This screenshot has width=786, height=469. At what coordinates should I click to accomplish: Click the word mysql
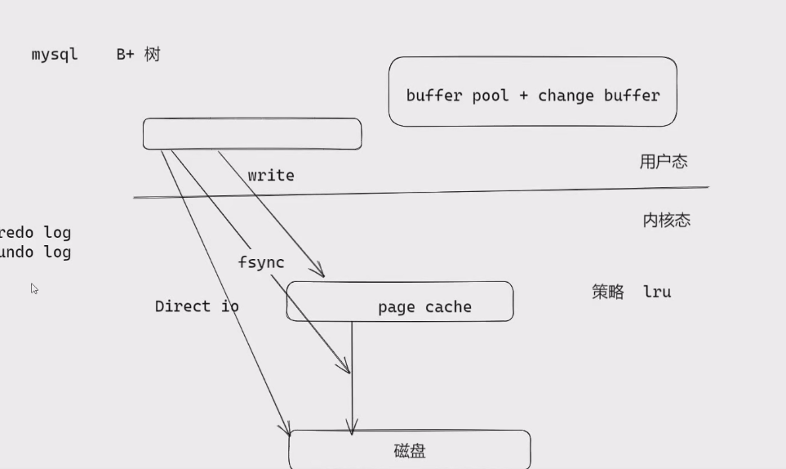pyautogui.click(x=55, y=55)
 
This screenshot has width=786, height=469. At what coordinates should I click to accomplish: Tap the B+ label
pyautogui.click(x=125, y=55)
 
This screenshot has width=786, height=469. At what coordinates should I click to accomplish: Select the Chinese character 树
pyautogui.click(x=153, y=55)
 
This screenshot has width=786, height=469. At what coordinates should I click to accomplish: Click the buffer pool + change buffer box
pyautogui.click(x=532, y=92)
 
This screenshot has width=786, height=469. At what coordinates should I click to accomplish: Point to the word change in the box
pyautogui.click(x=566, y=96)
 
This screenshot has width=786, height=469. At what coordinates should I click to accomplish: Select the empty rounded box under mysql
pyautogui.click(x=251, y=134)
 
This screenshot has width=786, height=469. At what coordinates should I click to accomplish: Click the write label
pyautogui.click(x=271, y=176)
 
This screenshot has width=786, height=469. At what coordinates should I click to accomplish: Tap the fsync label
pyautogui.click(x=261, y=262)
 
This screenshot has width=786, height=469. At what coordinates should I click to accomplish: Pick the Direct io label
pyautogui.click(x=197, y=306)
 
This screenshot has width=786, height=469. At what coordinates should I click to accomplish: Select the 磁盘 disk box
pyautogui.click(x=410, y=450)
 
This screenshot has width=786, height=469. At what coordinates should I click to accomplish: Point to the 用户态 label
pyautogui.click(x=664, y=162)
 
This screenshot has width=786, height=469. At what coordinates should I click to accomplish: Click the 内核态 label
pyautogui.click(x=666, y=220)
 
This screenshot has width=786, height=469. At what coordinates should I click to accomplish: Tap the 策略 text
pyautogui.click(x=608, y=292)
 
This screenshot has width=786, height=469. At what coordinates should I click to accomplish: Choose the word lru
pyautogui.click(x=657, y=292)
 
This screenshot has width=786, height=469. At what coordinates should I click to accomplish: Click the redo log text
pyautogui.click(x=35, y=233)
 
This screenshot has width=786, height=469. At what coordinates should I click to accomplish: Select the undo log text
pyautogui.click(x=35, y=252)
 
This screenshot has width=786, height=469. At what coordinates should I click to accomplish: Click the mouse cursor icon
pyautogui.click(x=34, y=288)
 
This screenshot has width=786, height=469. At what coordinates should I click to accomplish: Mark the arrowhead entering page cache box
pyautogui.click(x=319, y=272)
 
